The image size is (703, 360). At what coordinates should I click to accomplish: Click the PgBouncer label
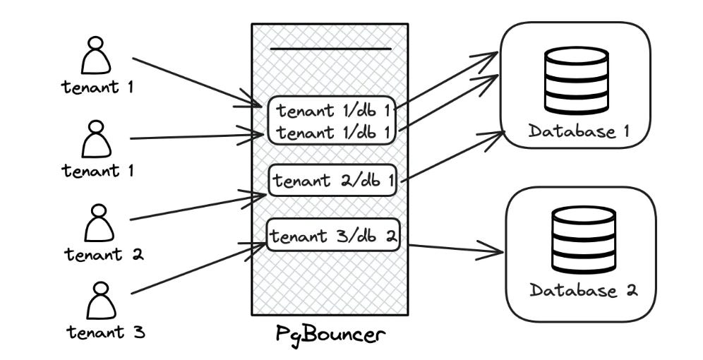(330, 333)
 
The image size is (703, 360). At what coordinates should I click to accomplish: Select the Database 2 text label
(583, 290)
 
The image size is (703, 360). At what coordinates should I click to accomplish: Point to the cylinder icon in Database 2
(582, 240)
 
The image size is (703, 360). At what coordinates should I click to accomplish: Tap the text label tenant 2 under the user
(104, 254)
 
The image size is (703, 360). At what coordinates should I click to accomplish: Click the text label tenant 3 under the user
(106, 331)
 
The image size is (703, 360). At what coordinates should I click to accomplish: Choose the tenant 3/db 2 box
(333, 236)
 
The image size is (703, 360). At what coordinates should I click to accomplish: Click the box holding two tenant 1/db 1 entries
(332, 121)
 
